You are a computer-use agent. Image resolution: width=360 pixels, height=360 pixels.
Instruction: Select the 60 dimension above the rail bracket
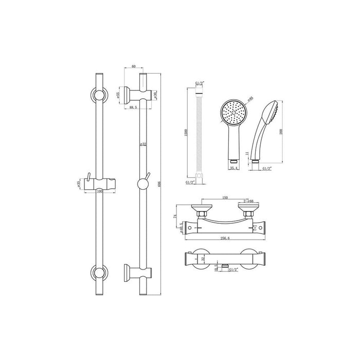click(133, 66)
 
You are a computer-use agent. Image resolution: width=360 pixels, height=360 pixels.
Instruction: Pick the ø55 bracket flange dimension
click(119, 95)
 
